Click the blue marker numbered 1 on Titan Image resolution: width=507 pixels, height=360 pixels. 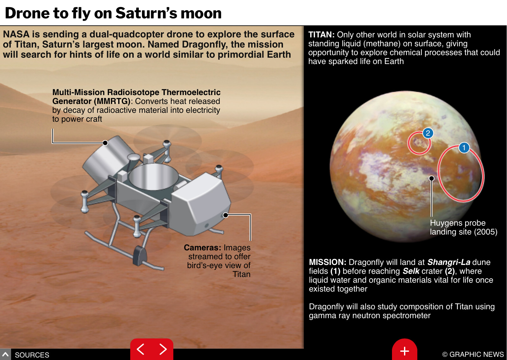coord(464,148)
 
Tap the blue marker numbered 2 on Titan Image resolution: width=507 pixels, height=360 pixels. coord(428,133)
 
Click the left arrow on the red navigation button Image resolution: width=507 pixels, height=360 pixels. coord(141,349)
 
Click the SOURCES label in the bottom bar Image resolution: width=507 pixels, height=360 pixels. coord(32,355)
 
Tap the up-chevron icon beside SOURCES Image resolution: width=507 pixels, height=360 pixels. coord(5,354)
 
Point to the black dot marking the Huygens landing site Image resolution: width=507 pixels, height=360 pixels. coord(431,178)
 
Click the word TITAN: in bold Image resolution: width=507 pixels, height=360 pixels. coord(321,35)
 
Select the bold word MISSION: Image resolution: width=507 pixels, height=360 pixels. coord(328,262)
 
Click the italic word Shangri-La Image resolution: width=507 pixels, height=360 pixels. coord(449,262)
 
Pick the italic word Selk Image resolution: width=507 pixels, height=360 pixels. coord(411,271)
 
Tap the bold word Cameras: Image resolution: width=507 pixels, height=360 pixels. coord(202,248)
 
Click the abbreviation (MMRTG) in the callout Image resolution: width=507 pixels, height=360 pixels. coord(112,101)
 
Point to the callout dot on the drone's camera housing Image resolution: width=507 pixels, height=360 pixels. coord(225,215)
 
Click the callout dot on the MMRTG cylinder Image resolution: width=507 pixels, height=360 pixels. coord(105,143)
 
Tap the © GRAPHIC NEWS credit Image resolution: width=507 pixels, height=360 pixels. coord(473,354)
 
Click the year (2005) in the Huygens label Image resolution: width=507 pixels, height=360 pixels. coord(486,232)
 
